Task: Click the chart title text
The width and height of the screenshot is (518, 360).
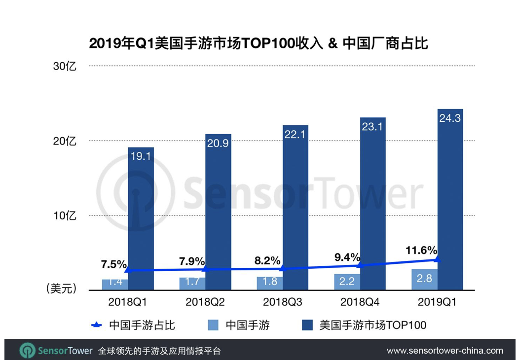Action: (x=258, y=43)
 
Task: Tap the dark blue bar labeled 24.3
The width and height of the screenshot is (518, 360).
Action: (x=450, y=197)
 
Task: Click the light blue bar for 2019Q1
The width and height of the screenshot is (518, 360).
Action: (x=424, y=280)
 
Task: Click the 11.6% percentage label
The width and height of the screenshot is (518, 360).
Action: (x=421, y=251)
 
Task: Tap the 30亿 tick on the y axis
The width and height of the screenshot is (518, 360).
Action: (x=65, y=66)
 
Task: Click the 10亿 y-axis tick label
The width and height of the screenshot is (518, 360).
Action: (x=65, y=216)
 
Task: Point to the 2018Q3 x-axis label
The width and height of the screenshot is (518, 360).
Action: (x=282, y=302)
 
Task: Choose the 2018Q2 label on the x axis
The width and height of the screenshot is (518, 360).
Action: (x=205, y=302)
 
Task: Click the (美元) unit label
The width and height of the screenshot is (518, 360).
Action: (x=61, y=289)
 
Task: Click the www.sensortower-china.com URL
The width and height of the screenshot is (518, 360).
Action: (x=444, y=351)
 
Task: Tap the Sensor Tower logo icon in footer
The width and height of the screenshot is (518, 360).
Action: (x=27, y=351)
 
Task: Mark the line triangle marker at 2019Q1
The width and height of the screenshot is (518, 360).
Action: (x=437, y=259)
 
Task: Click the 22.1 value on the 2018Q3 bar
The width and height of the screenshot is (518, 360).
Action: (x=295, y=135)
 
